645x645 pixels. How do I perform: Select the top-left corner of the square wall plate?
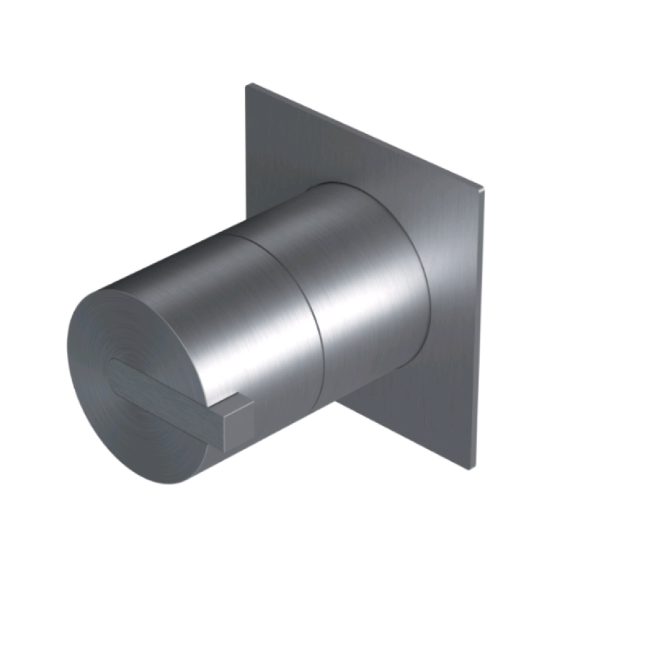pos(248,84)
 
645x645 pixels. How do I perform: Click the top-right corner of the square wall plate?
pos(483,188)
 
